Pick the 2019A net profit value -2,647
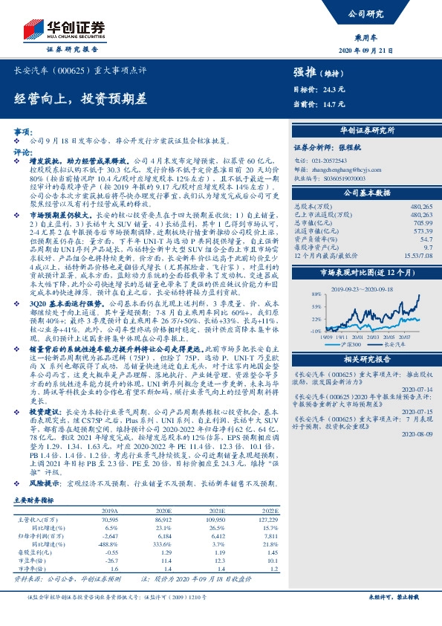tap(108, 535)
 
